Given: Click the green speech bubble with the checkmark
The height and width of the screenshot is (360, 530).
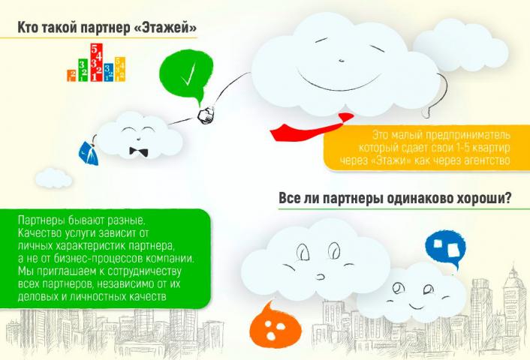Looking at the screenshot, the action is point(186,75).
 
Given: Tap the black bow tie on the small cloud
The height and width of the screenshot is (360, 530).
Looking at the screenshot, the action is point(139,152).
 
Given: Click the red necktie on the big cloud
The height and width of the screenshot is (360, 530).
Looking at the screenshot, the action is point(312,128).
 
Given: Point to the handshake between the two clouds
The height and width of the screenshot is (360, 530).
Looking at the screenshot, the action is point(206,115).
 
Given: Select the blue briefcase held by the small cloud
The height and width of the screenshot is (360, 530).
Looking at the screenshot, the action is point(89,153).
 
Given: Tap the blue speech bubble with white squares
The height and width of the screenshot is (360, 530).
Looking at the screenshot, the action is point(445,249).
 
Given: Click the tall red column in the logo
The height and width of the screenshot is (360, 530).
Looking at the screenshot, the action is point(96,62).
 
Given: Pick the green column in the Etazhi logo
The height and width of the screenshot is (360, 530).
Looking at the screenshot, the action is point(83,70).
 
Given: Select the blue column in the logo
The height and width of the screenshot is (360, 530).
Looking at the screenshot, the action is point(109,73).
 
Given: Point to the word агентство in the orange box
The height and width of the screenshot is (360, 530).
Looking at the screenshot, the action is point(486,160).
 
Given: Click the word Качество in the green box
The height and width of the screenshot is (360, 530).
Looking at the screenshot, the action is point(39,233).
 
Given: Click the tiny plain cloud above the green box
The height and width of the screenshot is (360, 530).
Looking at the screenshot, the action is point(54,178).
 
